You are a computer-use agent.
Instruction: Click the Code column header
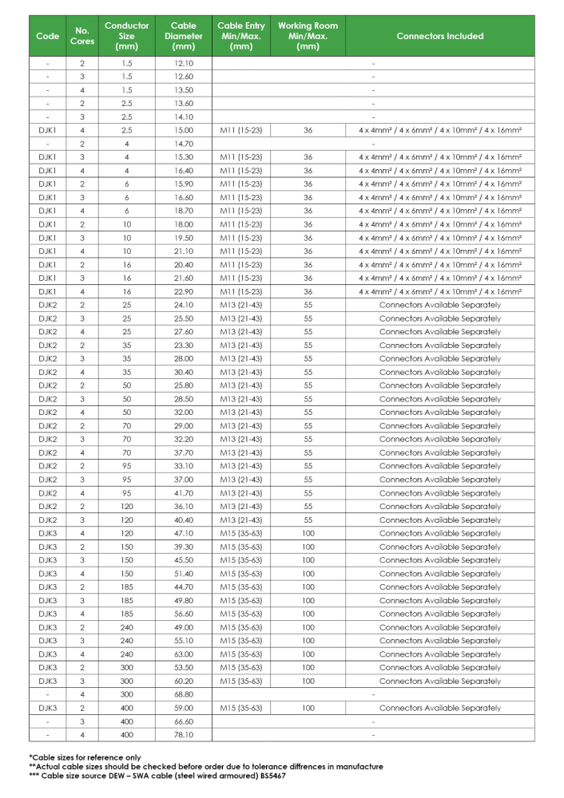pos(48,36)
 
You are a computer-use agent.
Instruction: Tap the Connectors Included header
pos(439,36)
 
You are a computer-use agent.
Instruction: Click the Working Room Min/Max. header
pos(308,36)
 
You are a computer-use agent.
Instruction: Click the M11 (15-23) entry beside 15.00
pos(240,129)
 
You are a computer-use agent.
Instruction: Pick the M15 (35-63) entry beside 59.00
pos(240,708)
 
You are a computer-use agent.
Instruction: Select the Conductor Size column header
pos(126,36)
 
